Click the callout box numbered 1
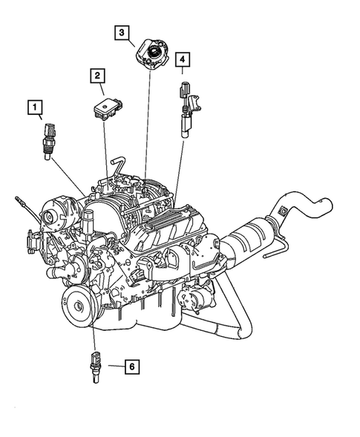pos(35,108)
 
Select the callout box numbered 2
pos(98,75)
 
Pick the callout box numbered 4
pos(183,58)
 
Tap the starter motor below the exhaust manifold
pos(200,301)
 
